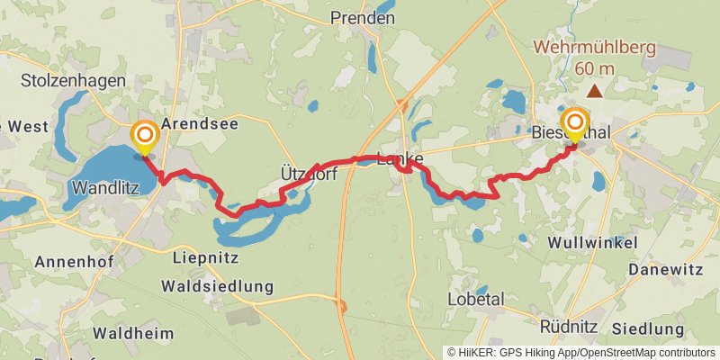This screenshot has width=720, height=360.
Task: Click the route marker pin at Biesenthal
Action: (575, 125)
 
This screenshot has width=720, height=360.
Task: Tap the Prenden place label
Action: (363, 17)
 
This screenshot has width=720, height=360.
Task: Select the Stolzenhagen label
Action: (73, 81)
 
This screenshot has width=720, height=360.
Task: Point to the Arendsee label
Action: (200, 124)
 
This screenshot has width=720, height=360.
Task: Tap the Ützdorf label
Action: (309, 175)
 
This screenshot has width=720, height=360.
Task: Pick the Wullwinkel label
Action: (592, 243)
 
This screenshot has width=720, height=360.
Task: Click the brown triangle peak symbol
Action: (594, 90)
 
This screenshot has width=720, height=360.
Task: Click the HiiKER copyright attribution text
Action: (580, 353)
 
